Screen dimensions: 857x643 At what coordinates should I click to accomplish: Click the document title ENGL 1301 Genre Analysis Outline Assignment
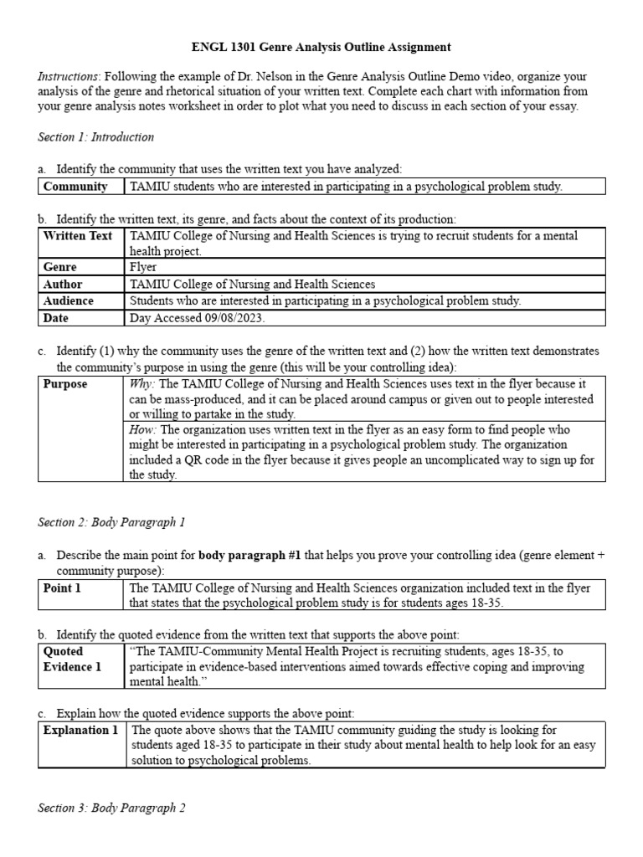(321, 48)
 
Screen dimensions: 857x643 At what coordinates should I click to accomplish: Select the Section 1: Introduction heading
(96, 136)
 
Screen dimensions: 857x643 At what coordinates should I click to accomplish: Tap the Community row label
(75, 187)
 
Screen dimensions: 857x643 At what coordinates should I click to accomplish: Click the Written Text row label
(77, 236)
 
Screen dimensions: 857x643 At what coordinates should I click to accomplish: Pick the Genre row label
(59, 267)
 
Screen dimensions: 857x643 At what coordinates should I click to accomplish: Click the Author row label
(63, 285)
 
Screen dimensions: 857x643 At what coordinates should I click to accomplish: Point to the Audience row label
(69, 301)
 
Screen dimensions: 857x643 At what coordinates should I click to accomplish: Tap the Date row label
(56, 318)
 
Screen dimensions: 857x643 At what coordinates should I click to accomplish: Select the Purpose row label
(65, 384)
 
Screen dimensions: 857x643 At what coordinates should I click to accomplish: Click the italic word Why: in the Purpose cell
(142, 384)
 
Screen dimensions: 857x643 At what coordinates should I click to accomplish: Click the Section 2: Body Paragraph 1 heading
(111, 522)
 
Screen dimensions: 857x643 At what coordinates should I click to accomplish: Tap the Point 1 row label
(62, 588)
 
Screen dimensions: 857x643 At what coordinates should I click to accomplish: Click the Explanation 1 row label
(80, 731)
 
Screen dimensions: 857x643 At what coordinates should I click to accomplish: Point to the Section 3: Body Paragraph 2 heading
(111, 808)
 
